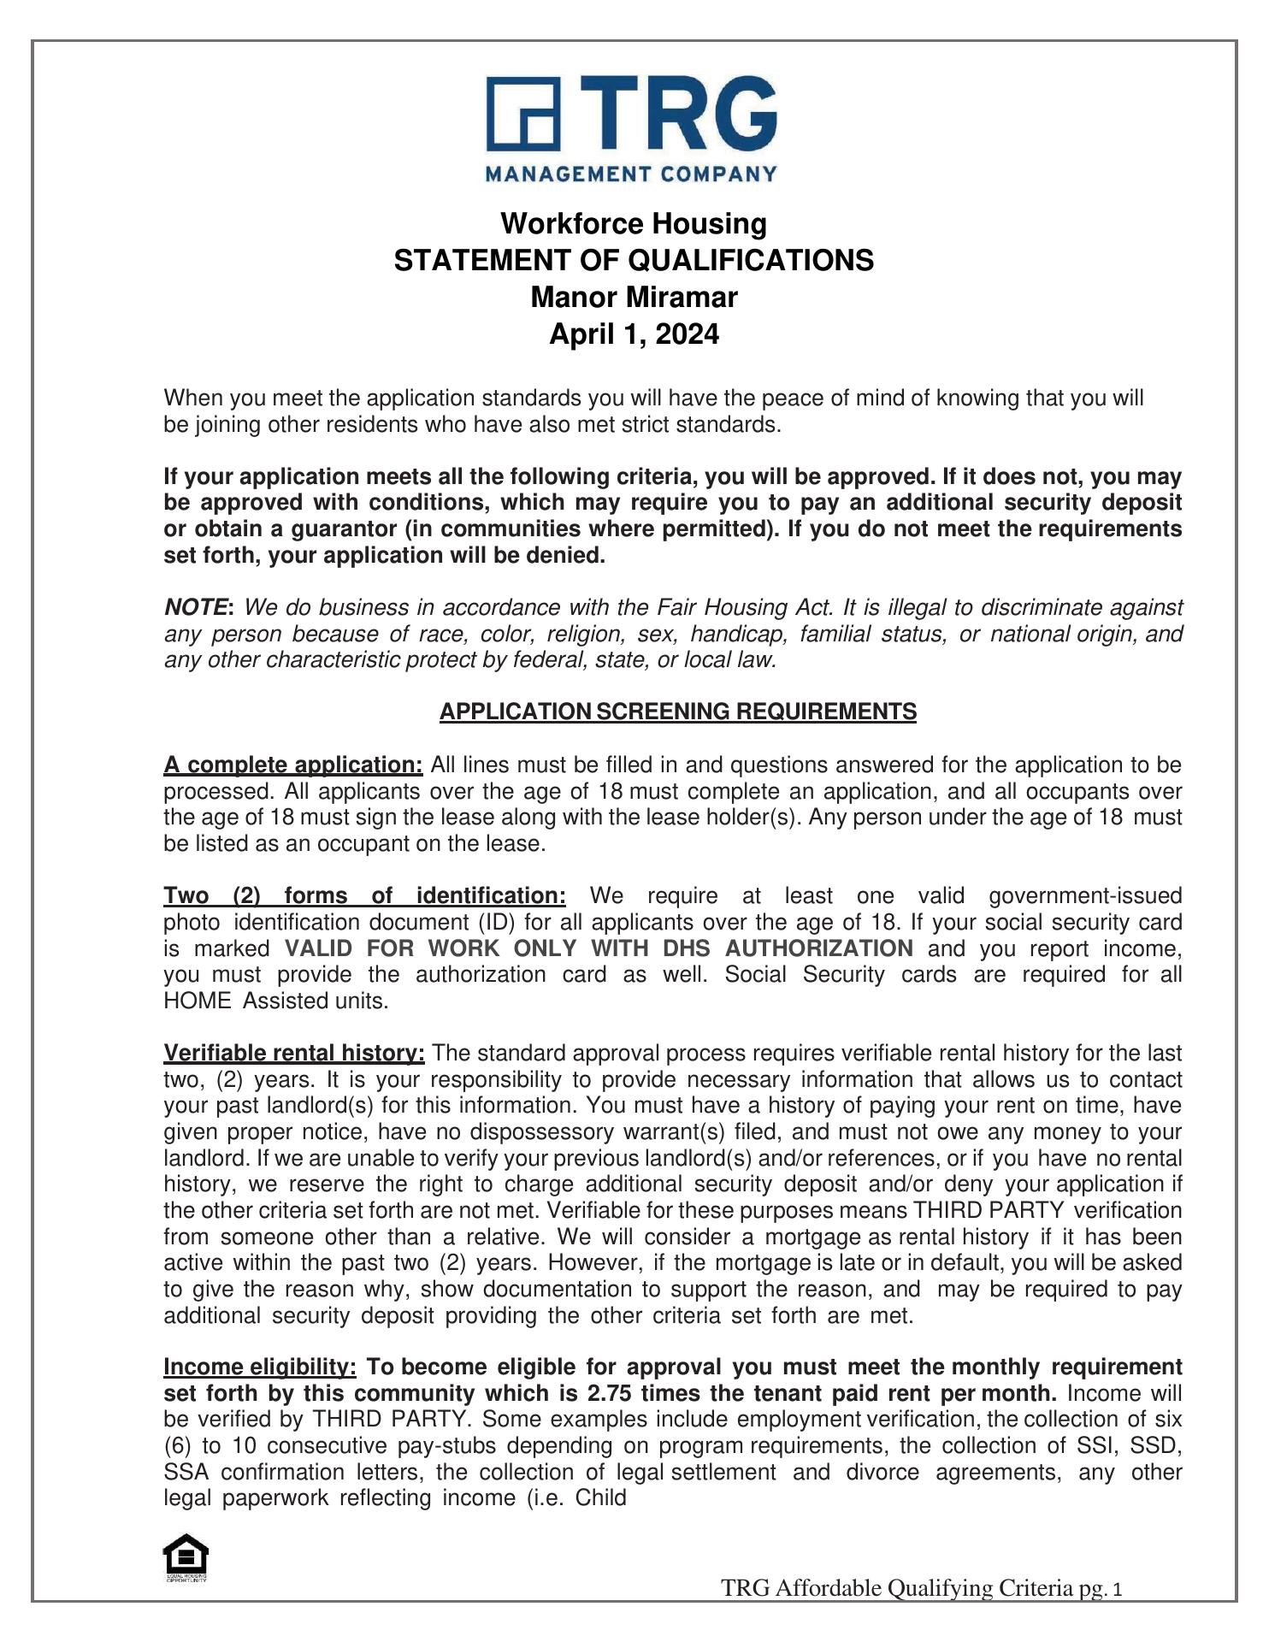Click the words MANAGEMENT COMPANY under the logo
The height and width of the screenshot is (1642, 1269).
632,174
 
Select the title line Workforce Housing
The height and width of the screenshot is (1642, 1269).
634,224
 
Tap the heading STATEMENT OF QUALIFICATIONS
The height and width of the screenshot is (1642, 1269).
634,260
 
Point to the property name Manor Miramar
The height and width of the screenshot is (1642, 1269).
634,298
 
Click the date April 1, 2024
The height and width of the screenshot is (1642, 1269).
634,334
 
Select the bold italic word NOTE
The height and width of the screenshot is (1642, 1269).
196,608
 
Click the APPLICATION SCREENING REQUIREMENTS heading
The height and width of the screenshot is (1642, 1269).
677,712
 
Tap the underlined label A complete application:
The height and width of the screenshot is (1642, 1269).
293,765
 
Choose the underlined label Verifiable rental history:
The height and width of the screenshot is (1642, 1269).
294,1053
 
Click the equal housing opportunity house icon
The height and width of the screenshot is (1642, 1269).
186,1556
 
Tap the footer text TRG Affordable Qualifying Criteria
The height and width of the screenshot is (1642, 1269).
896,1588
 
